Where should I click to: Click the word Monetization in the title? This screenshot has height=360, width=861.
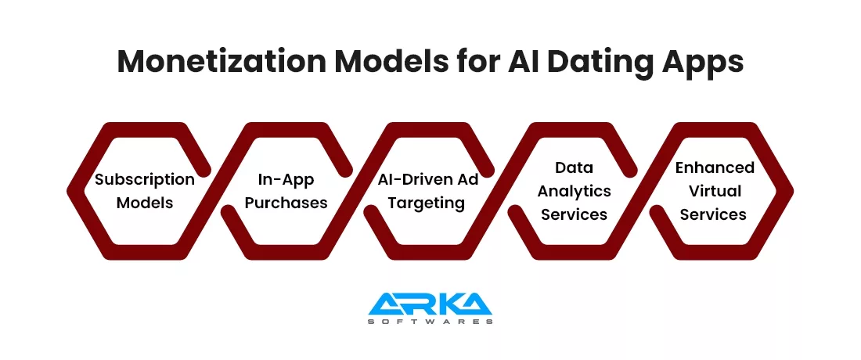222,62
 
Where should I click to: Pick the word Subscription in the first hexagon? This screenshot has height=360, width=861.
145,180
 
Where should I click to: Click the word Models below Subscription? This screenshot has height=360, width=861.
145,203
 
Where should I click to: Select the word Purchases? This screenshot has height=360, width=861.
286,203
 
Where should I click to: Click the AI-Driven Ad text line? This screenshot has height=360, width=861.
428,179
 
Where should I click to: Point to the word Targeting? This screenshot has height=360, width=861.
427,203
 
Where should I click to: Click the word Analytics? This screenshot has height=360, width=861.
574,192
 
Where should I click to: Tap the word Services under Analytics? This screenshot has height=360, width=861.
574,214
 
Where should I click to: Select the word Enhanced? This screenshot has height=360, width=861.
715,167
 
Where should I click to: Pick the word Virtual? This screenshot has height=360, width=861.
715,191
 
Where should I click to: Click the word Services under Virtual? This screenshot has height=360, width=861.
713,214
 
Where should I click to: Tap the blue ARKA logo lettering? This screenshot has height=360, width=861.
430,304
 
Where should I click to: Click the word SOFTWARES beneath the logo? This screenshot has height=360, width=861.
430,321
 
